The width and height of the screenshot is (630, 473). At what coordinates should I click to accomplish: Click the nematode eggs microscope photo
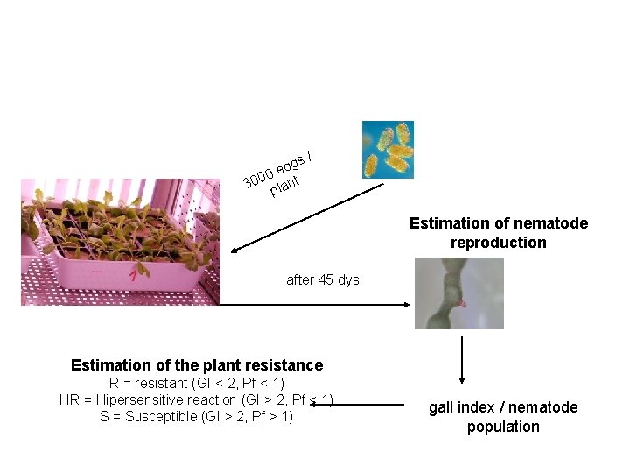coord(388,149)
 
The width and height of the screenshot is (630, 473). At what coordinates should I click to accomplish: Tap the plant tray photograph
coord(120,242)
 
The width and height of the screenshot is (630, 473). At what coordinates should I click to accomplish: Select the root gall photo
coord(458,293)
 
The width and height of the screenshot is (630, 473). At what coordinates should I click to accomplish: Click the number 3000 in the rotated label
coord(258,177)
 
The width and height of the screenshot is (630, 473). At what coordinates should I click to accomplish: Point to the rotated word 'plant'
coord(284,186)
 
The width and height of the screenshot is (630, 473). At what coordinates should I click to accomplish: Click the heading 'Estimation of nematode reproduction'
coord(498,233)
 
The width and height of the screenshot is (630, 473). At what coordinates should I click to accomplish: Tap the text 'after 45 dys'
coord(323,280)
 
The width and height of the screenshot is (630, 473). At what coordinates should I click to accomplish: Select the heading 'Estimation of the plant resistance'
coord(197,365)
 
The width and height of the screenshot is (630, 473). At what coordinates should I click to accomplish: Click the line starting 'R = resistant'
coord(197,384)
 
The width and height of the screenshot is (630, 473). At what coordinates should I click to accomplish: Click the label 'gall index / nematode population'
coord(503,417)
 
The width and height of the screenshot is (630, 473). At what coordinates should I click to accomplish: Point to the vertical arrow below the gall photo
coord(461,360)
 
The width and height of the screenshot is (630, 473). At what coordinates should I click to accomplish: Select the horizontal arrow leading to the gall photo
coord(315,304)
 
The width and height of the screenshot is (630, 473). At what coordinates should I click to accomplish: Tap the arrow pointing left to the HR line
coord(368,404)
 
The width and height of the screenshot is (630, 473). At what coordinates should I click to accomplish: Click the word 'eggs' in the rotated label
coord(290,163)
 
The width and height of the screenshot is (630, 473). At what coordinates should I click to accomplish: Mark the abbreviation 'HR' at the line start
coord(69,400)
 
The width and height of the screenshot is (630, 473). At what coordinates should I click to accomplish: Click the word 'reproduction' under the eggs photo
coord(498,243)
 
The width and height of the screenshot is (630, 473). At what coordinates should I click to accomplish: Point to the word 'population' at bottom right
coord(503,427)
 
